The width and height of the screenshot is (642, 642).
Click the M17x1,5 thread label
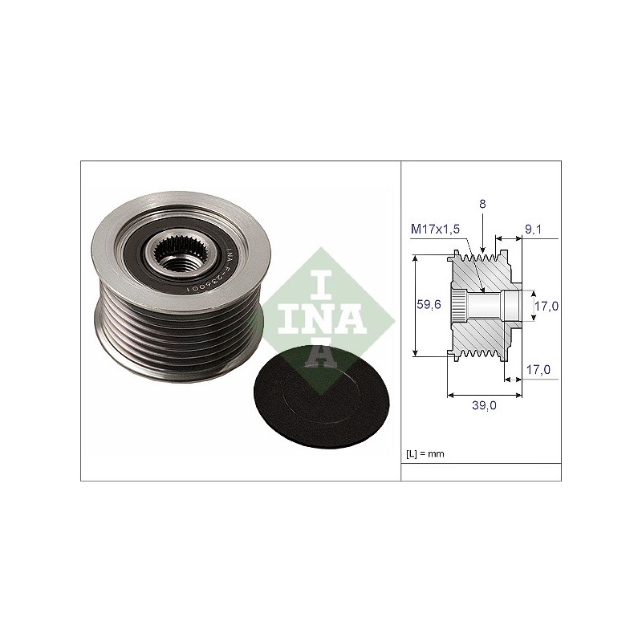[x=435, y=229]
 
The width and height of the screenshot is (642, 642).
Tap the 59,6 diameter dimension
[x=429, y=304]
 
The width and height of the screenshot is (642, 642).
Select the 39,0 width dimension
[x=484, y=405]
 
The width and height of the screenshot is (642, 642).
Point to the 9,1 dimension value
[x=533, y=230]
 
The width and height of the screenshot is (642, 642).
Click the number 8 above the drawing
[x=482, y=204]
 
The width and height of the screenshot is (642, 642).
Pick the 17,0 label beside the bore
[x=547, y=306]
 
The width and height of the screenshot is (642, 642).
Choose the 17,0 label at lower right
[x=538, y=370]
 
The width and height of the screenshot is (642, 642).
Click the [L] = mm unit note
[x=425, y=453]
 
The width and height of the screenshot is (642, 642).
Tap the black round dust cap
[x=321, y=396]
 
